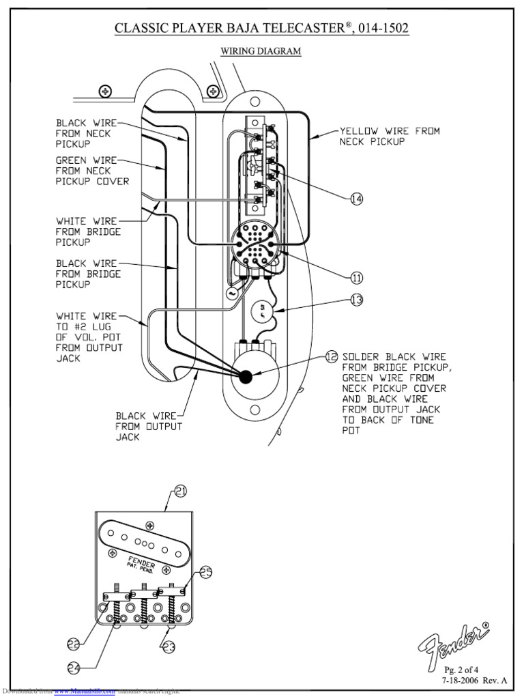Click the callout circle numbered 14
(356, 199)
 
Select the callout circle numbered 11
(356, 278)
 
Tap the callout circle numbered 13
(356, 299)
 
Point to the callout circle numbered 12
(331, 356)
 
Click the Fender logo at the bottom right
(454, 641)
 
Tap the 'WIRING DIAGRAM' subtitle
(261, 51)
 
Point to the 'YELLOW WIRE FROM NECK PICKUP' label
(390, 136)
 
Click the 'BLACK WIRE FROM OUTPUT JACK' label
(149, 426)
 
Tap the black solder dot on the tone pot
(246, 375)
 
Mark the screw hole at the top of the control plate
(256, 102)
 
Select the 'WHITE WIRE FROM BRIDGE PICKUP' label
(88, 231)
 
